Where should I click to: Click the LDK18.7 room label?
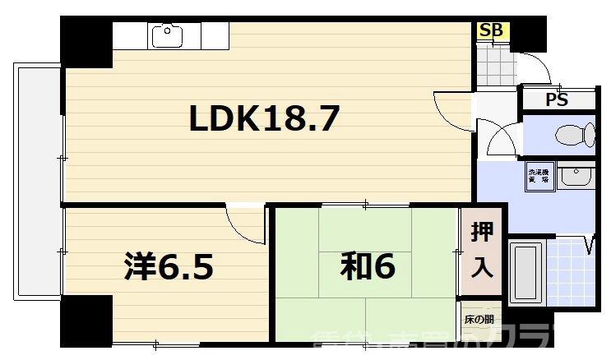pos(264,120)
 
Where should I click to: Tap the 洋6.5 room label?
pos(169,265)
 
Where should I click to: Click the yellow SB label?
pos(492,31)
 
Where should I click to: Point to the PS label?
pos(557,100)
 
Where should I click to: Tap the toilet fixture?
pos(574,134)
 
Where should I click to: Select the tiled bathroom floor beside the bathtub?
pos(572,271)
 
